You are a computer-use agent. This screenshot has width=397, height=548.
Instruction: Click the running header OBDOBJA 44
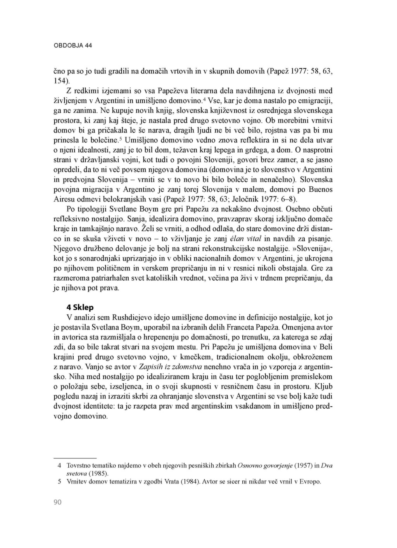click(x=72, y=45)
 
